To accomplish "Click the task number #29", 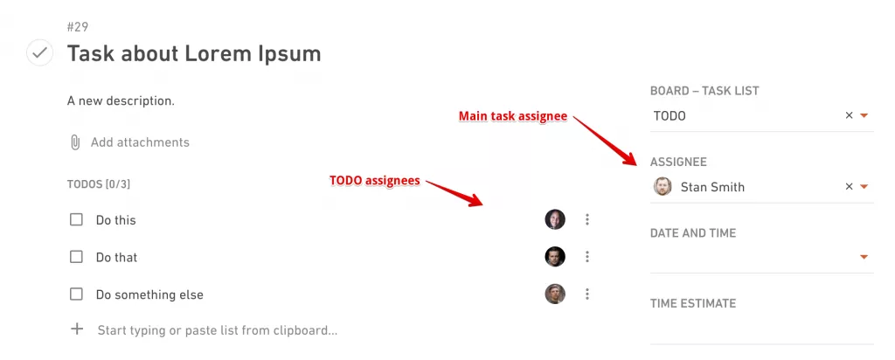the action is click(x=78, y=27).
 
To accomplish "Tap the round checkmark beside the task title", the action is click(x=40, y=52).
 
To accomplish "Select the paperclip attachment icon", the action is click(x=75, y=142).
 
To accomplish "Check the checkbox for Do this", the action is click(x=76, y=219).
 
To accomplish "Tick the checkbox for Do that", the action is click(x=76, y=257).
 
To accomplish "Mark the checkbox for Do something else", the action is click(x=76, y=294).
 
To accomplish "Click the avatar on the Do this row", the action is click(x=555, y=219).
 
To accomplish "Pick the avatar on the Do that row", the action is click(x=555, y=257).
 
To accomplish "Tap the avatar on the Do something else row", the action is click(x=555, y=294).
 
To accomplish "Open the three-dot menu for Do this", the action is click(x=586, y=219).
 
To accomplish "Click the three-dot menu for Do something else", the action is click(x=586, y=294).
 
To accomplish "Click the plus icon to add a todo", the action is click(x=77, y=329).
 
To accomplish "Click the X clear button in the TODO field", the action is click(x=849, y=115).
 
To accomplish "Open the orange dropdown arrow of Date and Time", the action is click(x=864, y=257).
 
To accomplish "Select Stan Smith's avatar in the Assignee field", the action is click(x=663, y=187).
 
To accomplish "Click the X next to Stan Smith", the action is click(x=849, y=187).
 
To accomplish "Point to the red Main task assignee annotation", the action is click(x=513, y=116).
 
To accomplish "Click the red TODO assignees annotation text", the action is click(x=374, y=181).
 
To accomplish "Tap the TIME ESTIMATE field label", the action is click(x=693, y=303).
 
